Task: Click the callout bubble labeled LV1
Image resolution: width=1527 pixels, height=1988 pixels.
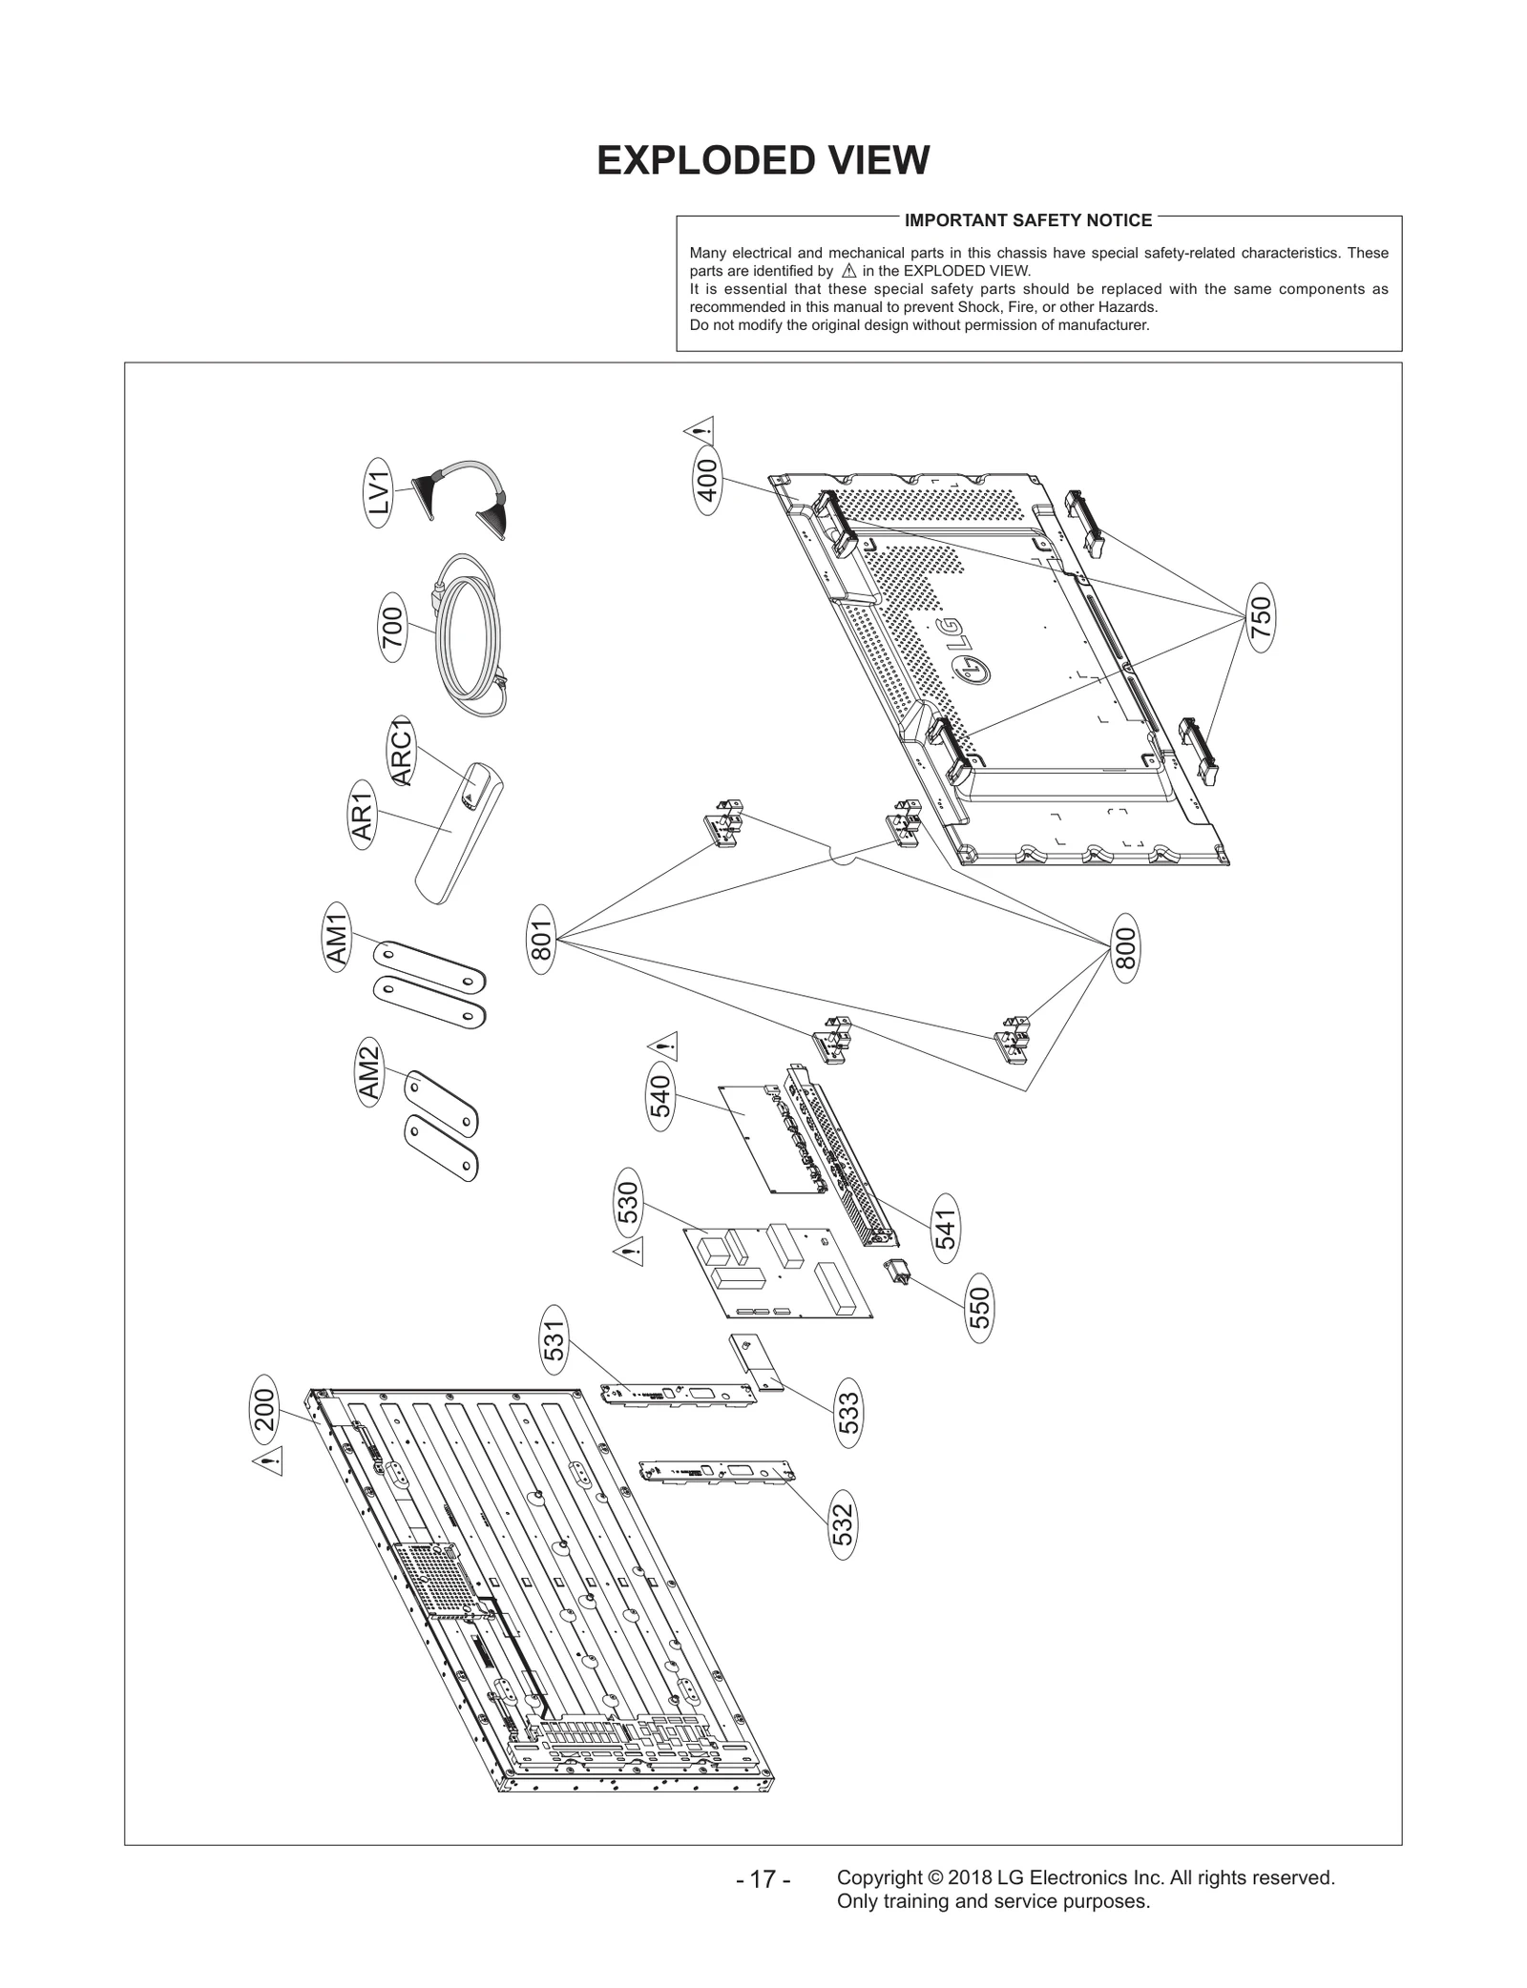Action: (379, 492)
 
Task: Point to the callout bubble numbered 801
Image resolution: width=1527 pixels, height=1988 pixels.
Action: (541, 941)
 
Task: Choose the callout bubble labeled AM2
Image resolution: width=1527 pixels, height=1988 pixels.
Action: (369, 1075)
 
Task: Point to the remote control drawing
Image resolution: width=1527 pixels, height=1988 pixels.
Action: (459, 831)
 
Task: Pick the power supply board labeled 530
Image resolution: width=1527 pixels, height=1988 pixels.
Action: (778, 1272)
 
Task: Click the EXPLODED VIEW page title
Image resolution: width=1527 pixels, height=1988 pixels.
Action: (763, 160)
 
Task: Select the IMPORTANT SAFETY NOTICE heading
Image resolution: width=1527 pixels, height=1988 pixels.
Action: (1027, 220)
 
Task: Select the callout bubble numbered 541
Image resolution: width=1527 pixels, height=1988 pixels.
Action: (945, 1228)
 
